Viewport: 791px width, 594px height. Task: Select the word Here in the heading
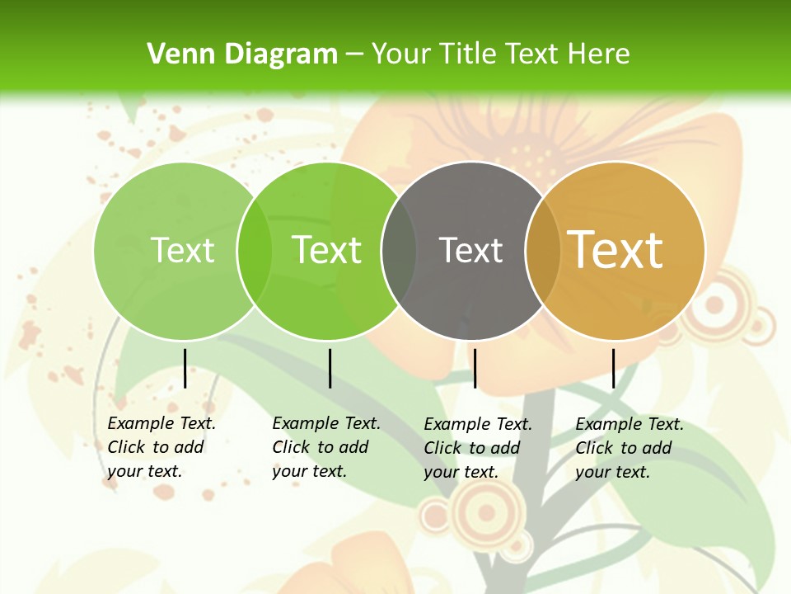pos(599,54)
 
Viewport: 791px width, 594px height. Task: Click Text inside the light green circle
pos(182,250)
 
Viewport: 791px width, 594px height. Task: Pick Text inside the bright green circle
pos(327,250)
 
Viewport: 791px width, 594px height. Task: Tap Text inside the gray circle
pos(471,250)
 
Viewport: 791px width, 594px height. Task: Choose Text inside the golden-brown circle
pos(615,250)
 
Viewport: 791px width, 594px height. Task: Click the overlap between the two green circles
pos(254,251)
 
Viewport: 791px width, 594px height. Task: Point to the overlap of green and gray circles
pos(399,251)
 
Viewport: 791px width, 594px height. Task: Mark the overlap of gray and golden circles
pos(543,251)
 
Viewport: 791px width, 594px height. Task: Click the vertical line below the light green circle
pos(185,368)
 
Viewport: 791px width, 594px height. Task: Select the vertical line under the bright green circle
pos(330,368)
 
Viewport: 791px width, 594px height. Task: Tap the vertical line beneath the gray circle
pos(475,368)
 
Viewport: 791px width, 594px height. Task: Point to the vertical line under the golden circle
pos(613,368)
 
